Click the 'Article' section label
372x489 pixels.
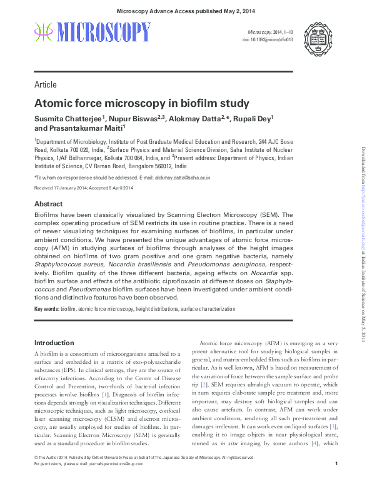pos(45,84)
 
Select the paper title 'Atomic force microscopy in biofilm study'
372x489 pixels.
pos(141,103)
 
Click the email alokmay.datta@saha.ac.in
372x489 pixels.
pos(183,178)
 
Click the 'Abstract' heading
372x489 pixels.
pos(48,204)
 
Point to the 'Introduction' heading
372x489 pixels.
pos(54,343)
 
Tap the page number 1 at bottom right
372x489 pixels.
pos(336,481)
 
